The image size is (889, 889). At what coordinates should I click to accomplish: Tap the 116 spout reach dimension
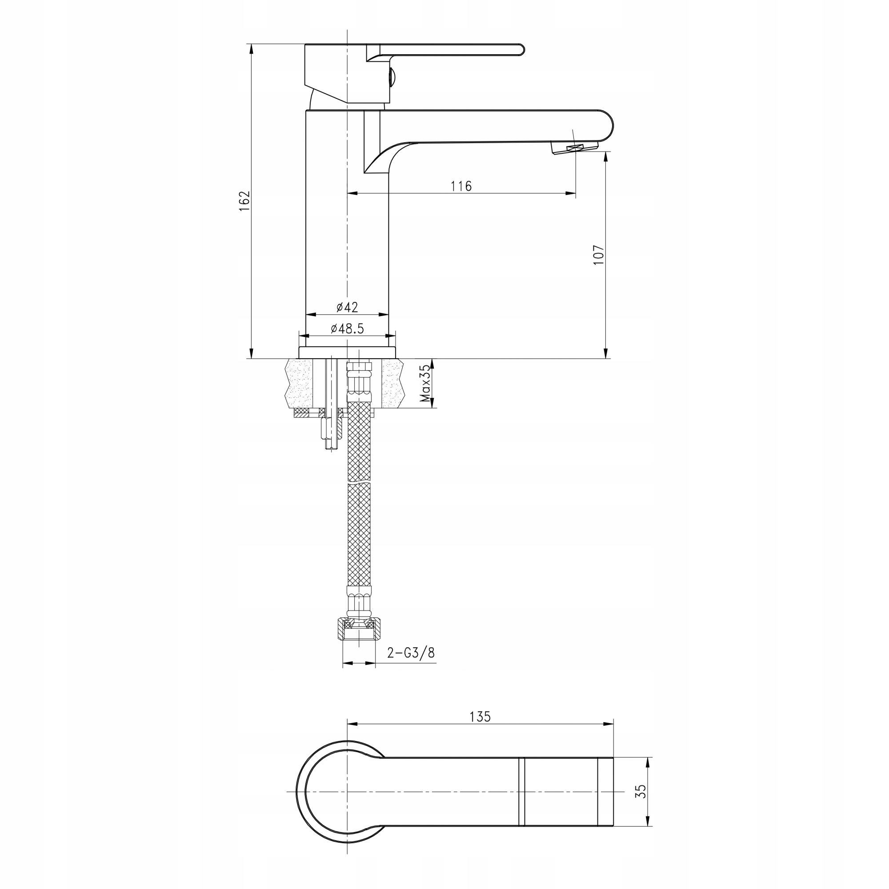[x=461, y=186]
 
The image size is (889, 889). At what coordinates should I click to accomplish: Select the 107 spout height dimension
[x=598, y=254]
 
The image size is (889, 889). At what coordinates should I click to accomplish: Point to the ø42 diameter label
[x=347, y=306]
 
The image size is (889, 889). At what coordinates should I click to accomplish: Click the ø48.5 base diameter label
[x=347, y=328]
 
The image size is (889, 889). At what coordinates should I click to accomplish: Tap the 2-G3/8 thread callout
[x=411, y=653]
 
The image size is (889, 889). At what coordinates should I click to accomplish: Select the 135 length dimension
[x=481, y=717]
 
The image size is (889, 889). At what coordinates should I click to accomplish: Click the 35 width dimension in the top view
[x=641, y=791]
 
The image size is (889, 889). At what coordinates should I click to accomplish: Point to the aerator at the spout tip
[x=574, y=148]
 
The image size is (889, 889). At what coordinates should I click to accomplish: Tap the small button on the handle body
[x=392, y=77]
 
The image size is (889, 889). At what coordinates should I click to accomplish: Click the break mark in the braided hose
[x=358, y=484]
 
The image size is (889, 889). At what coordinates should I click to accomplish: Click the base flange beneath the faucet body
[x=347, y=352]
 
